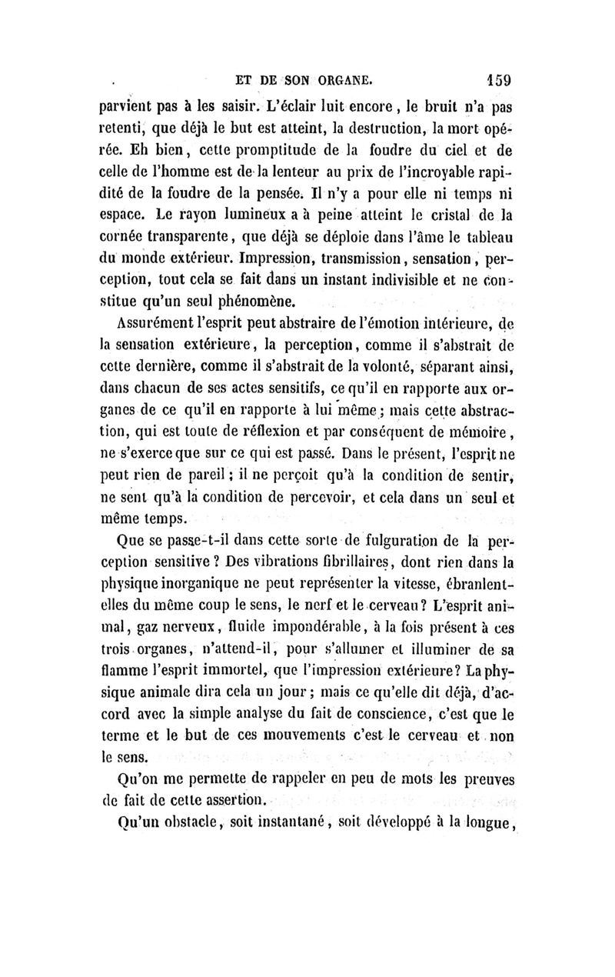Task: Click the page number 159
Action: pyautogui.click(x=499, y=79)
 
